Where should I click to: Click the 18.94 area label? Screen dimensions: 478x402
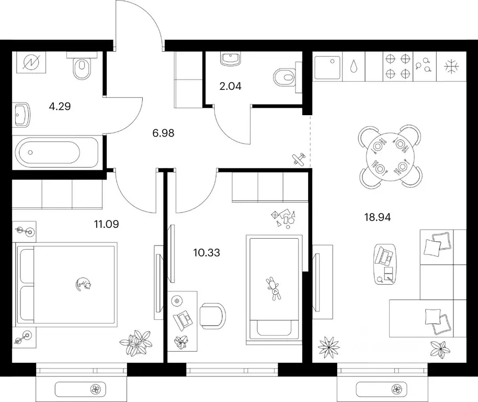click(x=378, y=217)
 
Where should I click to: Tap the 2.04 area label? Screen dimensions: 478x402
click(x=231, y=86)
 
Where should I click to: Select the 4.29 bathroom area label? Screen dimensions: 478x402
click(x=60, y=106)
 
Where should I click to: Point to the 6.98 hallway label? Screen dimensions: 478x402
click(x=163, y=133)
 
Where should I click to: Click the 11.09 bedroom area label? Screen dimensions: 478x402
click(x=106, y=225)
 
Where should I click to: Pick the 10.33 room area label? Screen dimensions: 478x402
click(x=207, y=252)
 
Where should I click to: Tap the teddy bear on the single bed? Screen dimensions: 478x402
click(x=274, y=289)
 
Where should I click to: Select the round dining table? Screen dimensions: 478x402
click(x=390, y=157)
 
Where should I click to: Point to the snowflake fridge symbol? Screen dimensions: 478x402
click(x=451, y=66)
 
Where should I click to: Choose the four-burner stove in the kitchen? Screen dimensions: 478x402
click(x=397, y=66)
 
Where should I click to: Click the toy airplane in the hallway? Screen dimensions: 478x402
click(x=299, y=159)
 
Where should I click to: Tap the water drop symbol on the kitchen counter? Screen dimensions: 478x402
click(x=354, y=66)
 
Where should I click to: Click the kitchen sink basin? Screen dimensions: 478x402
click(x=327, y=68)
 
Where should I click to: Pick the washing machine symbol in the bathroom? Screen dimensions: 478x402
click(x=31, y=63)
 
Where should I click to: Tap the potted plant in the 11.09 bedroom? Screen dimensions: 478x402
click(x=135, y=342)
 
